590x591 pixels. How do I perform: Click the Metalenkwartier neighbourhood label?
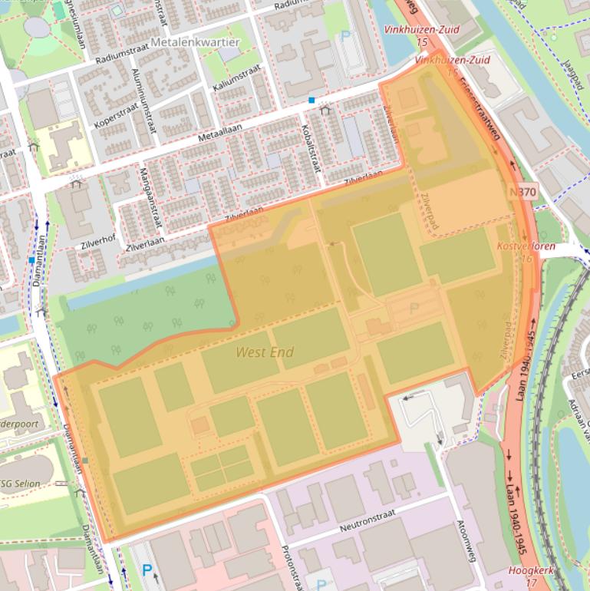(195, 41)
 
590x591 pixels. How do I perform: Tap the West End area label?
(265, 352)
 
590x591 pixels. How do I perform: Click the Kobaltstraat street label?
(310, 141)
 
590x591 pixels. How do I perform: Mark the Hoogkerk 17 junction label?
(529, 576)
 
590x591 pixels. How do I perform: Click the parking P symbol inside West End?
(414, 308)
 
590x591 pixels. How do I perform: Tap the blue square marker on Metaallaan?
(311, 101)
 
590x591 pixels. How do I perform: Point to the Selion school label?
(21, 484)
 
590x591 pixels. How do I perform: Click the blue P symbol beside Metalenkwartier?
(345, 35)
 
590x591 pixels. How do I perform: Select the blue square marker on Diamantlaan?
(31, 260)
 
